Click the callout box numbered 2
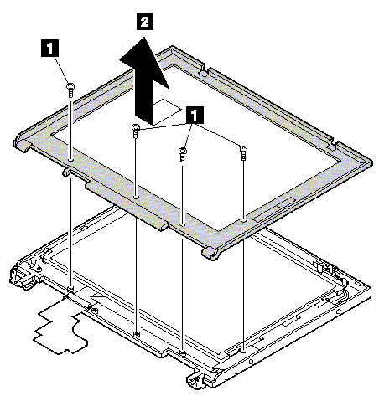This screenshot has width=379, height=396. pos(145,21)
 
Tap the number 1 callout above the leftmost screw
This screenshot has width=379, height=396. pos(49,49)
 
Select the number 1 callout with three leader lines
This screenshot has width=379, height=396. pos(194,115)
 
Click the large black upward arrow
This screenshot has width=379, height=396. pos(145,81)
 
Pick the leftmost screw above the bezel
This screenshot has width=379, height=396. pos(70,90)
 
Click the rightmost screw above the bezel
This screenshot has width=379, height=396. pos(243,152)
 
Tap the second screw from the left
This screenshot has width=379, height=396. pos(135,131)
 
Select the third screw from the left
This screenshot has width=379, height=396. pos(182,155)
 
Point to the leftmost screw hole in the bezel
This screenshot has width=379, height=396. pos(70,160)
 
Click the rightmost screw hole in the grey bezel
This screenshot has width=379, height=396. pos(243,220)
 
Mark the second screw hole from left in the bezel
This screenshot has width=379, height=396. pos(136,197)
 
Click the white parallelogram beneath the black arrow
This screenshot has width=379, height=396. pos(167,111)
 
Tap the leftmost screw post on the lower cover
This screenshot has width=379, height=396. pos(70,288)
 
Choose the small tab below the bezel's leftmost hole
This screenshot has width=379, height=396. pos(65,172)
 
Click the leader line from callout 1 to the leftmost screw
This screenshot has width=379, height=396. pos(62,70)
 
